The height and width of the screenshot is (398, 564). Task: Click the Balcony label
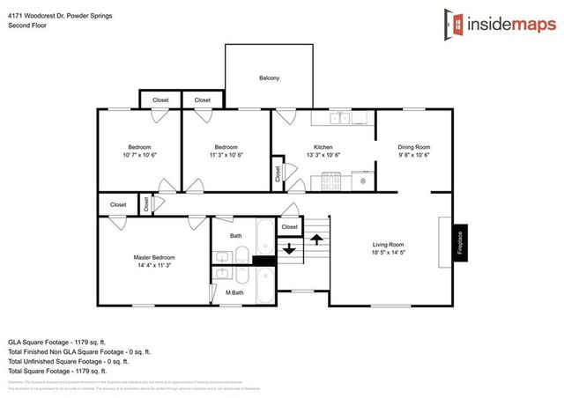tap(269, 78)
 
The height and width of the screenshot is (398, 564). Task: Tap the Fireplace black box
tap(459, 242)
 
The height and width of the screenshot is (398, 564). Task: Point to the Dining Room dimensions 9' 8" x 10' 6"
tap(413, 155)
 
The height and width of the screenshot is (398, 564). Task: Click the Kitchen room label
tap(323, 146)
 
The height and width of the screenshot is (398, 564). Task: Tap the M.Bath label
tap(234, 292)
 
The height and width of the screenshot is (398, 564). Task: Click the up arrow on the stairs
tap(315, 238)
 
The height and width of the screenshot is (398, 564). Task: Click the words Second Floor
tap(27, 26)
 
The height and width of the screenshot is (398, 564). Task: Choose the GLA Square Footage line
tap(56, 341)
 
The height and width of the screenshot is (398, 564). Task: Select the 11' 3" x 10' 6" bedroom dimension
tap(226, 155)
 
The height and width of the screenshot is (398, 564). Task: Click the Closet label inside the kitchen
tap(278, 173)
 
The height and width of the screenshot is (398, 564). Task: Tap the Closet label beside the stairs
tap(289, 227)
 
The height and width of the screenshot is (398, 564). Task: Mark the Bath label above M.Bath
tap(236, 236)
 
